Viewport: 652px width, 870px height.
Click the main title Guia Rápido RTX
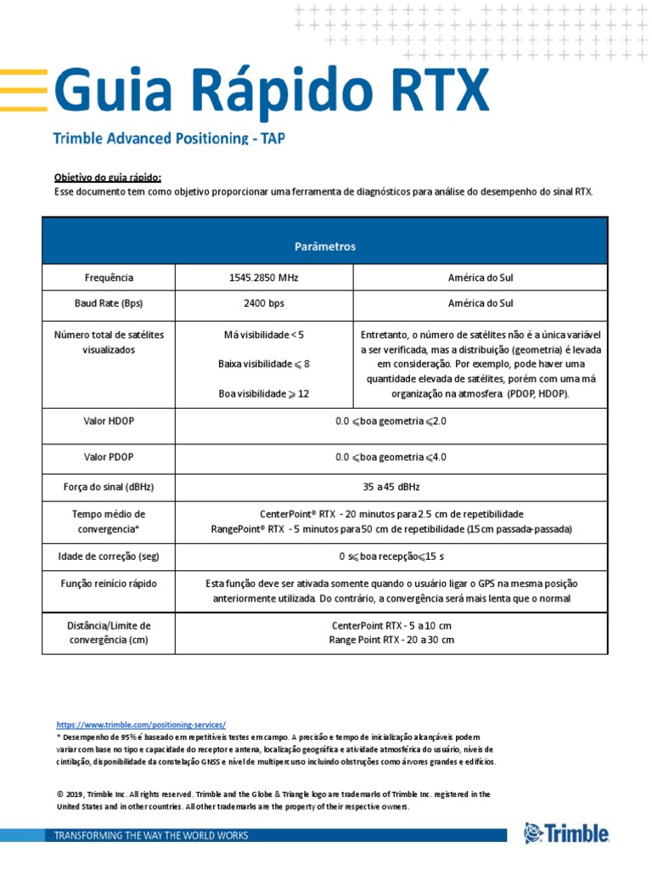[272, 90]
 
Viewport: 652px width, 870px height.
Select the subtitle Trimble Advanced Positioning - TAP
[169, 138]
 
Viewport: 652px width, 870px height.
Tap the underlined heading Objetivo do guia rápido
[107, 178]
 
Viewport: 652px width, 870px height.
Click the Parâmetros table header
[325, 246]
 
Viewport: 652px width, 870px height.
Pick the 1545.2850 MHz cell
[263, 278]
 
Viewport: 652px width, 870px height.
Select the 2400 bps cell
[263, 303]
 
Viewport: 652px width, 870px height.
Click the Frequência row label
[109, 278]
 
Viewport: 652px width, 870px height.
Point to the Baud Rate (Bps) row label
[109, 303]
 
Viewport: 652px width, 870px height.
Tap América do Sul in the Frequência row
[480, 278]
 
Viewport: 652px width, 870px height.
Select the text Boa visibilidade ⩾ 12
[263, 394]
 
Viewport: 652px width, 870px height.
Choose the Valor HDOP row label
[109, 421]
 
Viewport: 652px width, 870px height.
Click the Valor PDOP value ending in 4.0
[391, 457]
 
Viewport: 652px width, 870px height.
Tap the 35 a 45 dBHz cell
[391, 487]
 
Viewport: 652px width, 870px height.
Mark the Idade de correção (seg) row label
[109, 556]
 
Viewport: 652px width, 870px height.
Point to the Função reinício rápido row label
[109, 584]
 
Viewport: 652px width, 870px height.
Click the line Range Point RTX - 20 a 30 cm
[391, 640]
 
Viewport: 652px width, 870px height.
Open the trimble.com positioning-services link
[141, 725]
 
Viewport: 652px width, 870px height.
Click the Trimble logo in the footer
[565, 833]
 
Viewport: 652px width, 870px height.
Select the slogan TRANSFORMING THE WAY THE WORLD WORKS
[151, 836]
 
